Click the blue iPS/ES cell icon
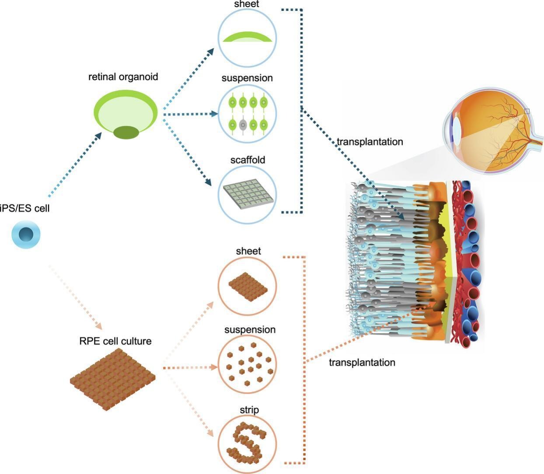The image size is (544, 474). tap(26, 234)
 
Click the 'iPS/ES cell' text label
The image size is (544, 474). tap(25, 208)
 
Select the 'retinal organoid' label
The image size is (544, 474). tap(123, 77)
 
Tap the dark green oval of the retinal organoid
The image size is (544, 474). tap(126, 132)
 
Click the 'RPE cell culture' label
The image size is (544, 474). tap(115, 341)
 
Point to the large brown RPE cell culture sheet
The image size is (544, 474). tap(113, 378)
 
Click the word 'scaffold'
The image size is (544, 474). tap(248, 160)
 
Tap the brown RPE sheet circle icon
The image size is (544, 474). tap(248, 286)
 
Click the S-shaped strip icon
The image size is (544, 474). tap(248, 443)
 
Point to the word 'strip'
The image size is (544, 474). tap(249, 410)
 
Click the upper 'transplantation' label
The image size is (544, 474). tap(370, 142)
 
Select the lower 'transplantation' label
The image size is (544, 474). tap(362, 363)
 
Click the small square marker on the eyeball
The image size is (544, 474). tap(527, 112)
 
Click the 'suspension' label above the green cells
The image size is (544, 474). tap(247, 78)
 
